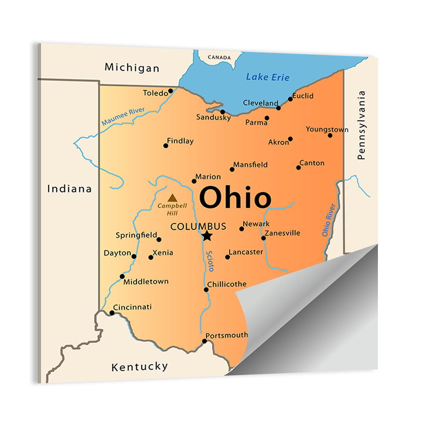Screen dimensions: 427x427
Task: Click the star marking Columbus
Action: tap(207, 235)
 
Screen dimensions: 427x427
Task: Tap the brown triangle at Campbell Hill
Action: tap(172, 198)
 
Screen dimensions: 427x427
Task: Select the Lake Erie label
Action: tap(268, 77)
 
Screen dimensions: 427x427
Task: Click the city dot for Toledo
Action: tap(170, 91)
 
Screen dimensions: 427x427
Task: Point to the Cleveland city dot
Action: tap(278, 108)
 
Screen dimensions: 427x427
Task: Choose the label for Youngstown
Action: tap(327, 129)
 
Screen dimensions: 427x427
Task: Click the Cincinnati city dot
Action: tap(112, 313)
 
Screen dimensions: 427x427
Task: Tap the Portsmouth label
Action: tap(226, 335)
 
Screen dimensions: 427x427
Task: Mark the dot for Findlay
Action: tap(166, 146)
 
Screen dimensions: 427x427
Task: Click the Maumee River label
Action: tap(123, 116)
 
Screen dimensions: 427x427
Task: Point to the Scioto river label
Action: tap(210, 261)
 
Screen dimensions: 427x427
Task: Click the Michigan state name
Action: tap(132, 67)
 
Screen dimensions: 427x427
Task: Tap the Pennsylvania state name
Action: tap(362, 125)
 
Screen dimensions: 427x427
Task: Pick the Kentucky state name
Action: tap(140, 366)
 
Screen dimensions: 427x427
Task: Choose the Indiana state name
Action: tap(69, 188)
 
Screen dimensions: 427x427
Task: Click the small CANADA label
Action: tap(219, 57)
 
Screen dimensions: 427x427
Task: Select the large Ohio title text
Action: tap(235, 198)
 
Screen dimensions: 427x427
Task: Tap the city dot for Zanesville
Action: tap(263, 238)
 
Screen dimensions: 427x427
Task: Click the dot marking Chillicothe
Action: tap(206, 290)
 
